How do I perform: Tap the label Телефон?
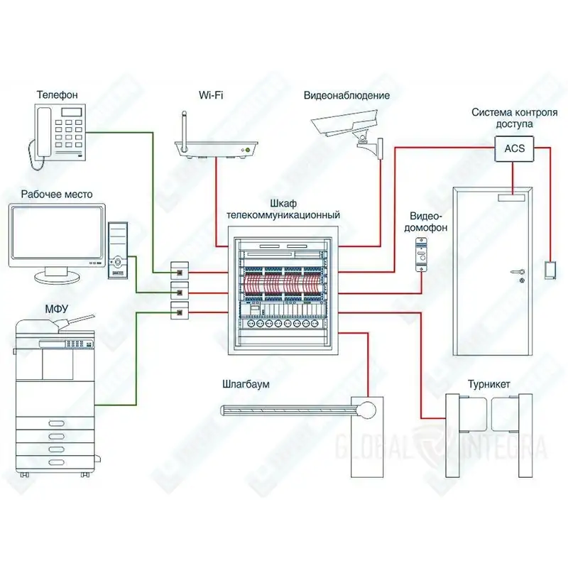point(58,94)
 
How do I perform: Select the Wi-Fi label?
point(211,95)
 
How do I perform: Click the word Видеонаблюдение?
point(346,95)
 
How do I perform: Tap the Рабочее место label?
point(57,194)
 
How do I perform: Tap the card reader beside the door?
point(550,271)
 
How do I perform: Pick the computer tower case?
point(118,251)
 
